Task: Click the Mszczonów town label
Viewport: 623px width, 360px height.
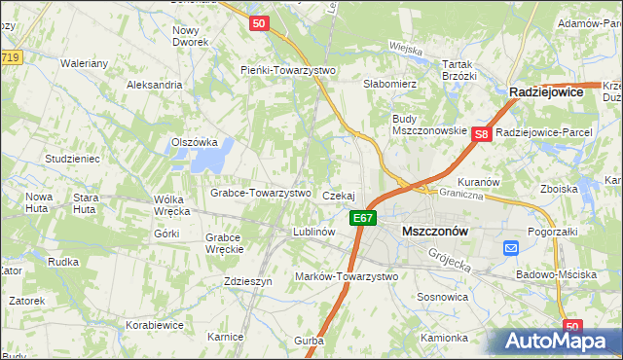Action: (434, 232)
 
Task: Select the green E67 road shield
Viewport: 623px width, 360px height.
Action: (363, 218)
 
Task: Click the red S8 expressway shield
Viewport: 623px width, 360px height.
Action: (481, 135)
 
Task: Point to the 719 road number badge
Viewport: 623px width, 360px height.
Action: (11, 58)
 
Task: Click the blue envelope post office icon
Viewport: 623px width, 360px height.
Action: (512, 249)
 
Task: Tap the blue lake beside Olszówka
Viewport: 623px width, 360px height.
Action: (220, 152)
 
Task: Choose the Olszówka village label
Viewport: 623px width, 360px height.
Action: (194, 141)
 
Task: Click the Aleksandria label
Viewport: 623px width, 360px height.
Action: (154, 85)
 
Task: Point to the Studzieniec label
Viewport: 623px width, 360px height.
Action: (72, 158)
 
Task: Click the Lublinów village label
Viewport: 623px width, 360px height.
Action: (314, 233)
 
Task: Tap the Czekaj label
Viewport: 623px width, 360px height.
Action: (338, 196)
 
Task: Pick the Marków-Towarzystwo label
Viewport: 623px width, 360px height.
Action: (347, 277)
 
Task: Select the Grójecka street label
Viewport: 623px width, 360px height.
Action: (449, 257)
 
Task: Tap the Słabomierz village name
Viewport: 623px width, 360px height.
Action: (389, 85)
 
